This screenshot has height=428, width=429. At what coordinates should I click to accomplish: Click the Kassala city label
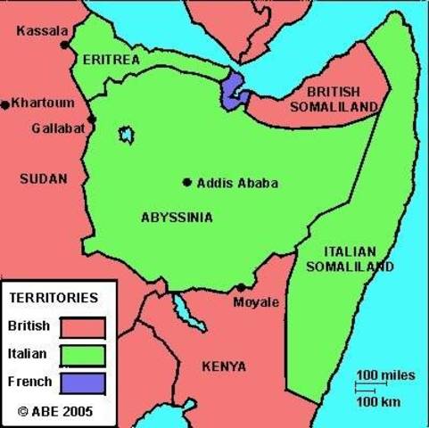[x=42, y=31]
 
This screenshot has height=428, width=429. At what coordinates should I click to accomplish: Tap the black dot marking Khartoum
[x=6, y=104]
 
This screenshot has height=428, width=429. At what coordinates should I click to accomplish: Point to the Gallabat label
[x=58, y=128]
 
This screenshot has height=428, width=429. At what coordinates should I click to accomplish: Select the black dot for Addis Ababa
[x=187, y=183]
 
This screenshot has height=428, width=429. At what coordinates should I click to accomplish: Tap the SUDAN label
[x=43, y=178]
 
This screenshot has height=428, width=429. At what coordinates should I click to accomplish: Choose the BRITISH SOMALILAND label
[x=334, y=99]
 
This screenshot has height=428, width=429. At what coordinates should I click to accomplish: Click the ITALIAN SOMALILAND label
[x=350, y=258]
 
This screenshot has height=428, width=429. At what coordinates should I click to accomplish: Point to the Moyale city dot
[x=241, y=288]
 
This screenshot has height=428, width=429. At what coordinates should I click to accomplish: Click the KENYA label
[x=225, y=366]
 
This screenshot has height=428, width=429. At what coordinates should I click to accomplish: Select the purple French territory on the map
[x=233, y=90]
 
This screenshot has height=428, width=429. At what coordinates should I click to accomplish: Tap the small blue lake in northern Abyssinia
[x=127, y=135]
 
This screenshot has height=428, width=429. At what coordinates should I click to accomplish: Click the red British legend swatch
[x=83, y=327]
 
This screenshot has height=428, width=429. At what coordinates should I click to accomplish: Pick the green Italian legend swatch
[x=83, y=355]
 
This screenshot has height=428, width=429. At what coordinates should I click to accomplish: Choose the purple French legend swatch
[x=83, y=383]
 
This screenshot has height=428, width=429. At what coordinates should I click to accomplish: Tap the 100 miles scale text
[x=386, y=374]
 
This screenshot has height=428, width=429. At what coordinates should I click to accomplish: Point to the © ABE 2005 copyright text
[x=55, y=412]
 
